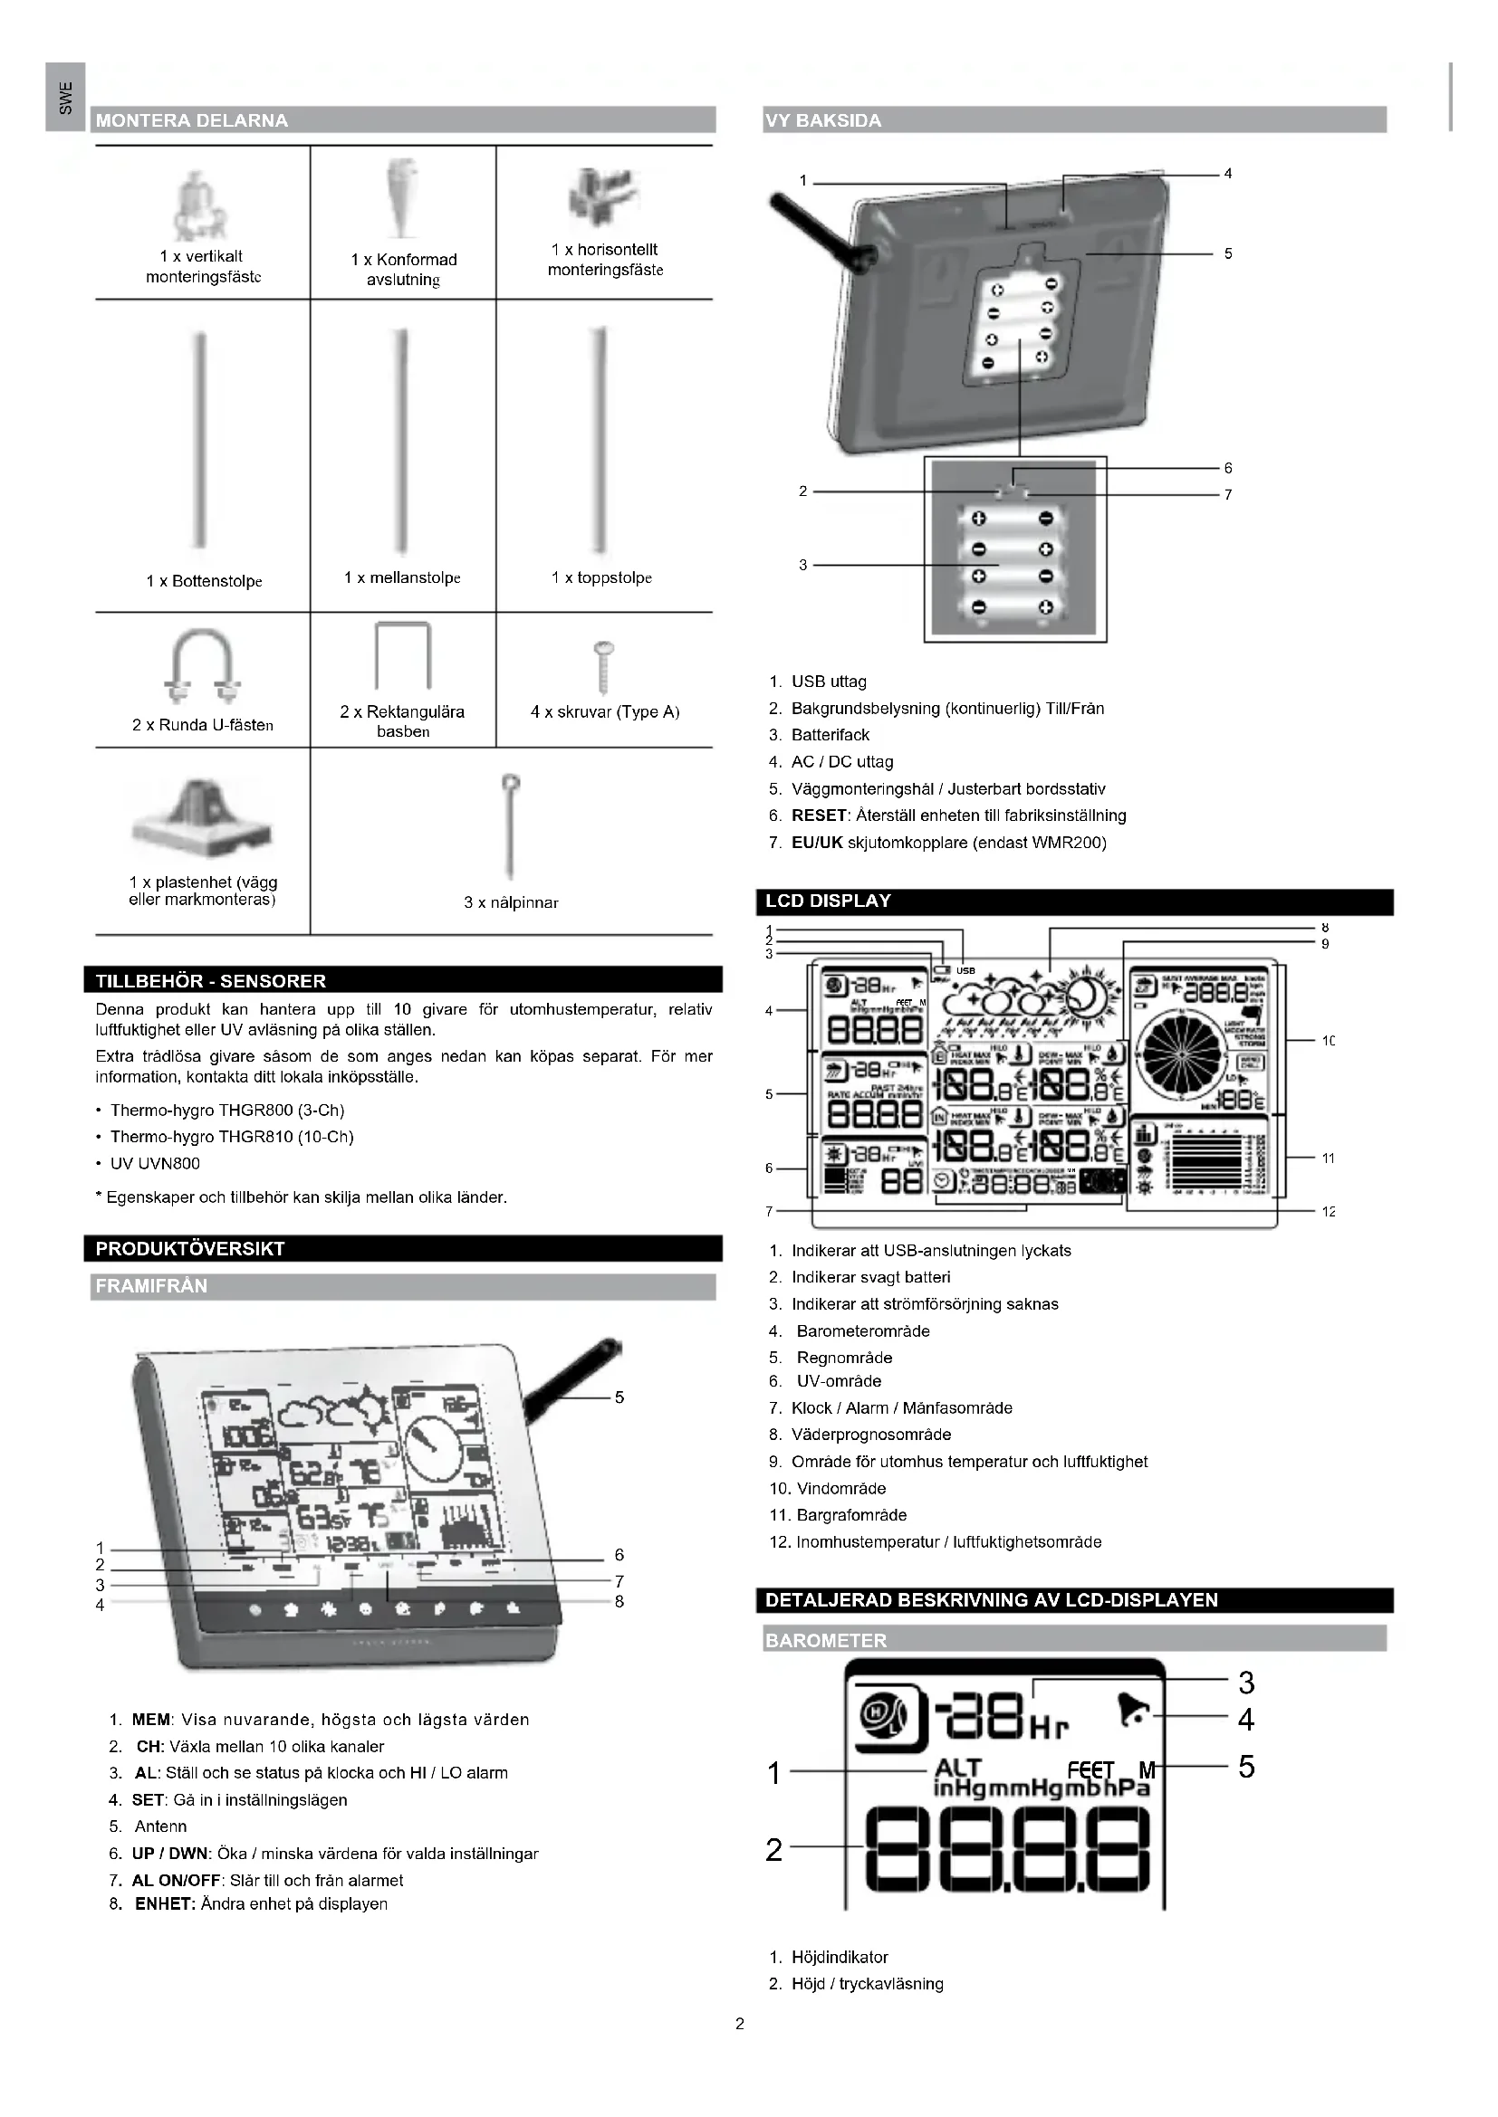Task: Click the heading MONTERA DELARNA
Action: click(x=192, y=119)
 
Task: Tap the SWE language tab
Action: click(x=64, y=97)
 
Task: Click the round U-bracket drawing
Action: click(x=203, y=666)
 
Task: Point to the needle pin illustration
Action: click(x=510, y=825)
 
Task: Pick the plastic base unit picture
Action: click(x=203, y=817)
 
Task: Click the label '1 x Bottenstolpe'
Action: click(x=204, y=581)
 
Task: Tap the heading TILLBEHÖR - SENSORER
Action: click(x=210, y=981)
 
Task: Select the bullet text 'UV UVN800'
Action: click(x=155, y=1164)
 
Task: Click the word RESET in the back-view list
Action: click(x=818, y=815)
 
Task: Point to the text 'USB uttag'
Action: click(x=829, y=682)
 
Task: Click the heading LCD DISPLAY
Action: click(x=828, y=901)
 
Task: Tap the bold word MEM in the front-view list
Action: click(x=150, y=1720)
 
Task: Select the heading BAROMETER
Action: click(x=826, y=1640)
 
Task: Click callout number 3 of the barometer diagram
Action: click(x=1246, y=1683)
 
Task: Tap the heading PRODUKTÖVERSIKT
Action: click(x=190, y=1248)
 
